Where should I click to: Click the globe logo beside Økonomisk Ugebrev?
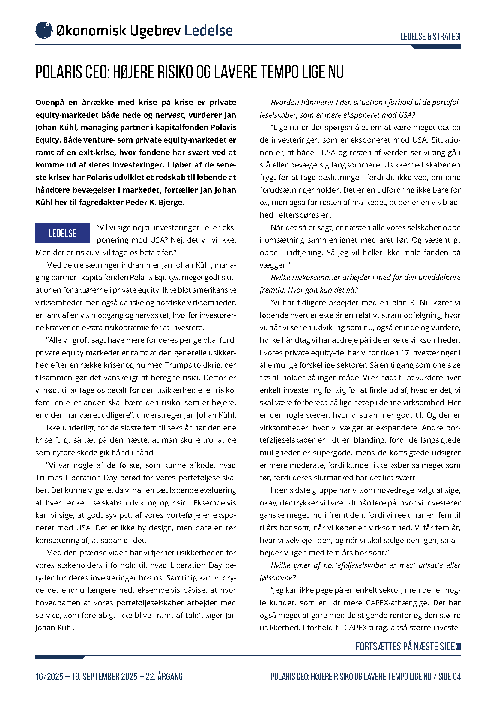44,30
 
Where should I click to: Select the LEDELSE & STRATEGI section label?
430,37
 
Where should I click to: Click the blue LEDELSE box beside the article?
62,233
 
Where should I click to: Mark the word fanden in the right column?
435,252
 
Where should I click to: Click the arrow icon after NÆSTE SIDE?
458,646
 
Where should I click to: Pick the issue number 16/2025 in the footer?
49,676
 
